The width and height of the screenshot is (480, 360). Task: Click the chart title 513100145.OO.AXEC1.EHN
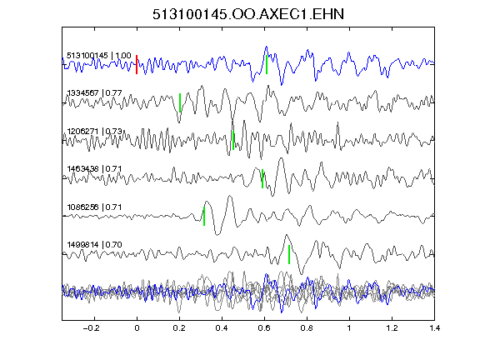[248, 14]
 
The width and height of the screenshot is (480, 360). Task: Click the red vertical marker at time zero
[137, 65]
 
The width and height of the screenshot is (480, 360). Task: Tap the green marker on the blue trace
[267, 65]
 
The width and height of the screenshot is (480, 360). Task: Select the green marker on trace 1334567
[180, 102]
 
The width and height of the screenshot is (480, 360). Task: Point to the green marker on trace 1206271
[233, 141]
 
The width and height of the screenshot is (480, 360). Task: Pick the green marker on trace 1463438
[262, 178]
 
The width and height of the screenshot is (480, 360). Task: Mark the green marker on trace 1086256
[204, 216]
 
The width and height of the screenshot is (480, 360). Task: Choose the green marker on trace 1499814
[289, 254]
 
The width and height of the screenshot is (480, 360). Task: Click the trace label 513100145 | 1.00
[99, 56]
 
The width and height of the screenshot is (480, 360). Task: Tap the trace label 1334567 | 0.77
[95, 93]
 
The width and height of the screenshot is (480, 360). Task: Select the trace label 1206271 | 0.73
[95, 132]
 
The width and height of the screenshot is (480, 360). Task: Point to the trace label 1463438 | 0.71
[95, 169]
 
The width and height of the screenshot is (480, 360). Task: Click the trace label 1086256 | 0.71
[95, 207]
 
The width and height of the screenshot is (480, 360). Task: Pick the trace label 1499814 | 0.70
[95, 245]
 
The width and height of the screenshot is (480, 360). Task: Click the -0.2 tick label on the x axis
[91, 328]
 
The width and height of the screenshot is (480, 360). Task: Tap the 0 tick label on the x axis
[137, 328]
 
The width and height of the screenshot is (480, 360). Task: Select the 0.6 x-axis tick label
[264, 328]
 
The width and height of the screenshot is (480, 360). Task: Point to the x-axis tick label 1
[349, 328]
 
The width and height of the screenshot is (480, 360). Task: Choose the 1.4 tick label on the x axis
[434, 328]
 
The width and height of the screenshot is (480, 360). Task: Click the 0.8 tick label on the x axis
[307, 328]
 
